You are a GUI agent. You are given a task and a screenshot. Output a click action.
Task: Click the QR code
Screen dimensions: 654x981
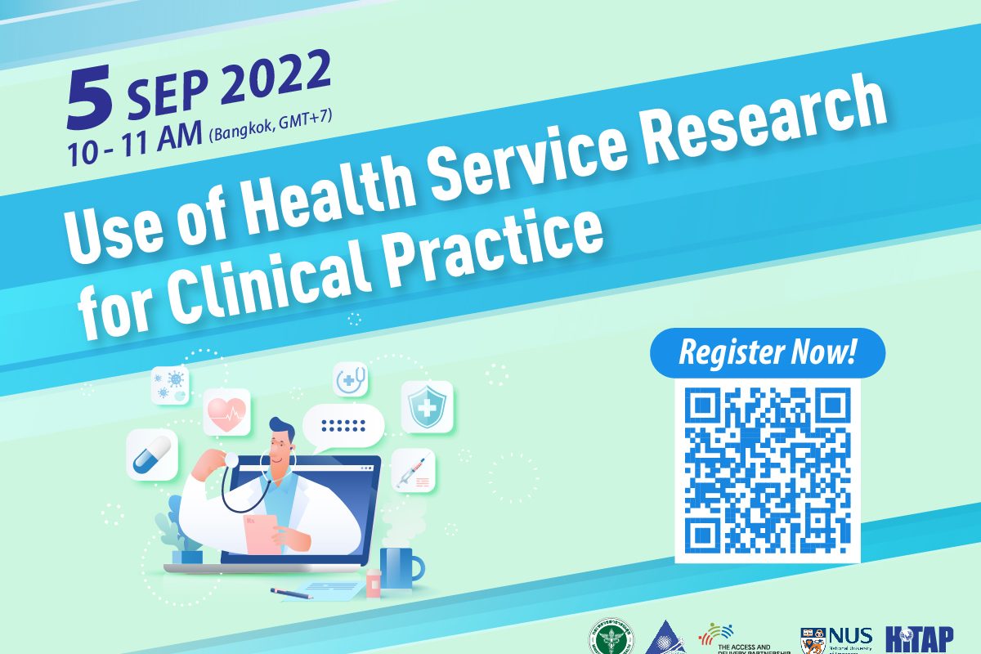[x=768, y=472]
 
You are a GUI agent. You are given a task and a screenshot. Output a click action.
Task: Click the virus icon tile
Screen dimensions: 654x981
[x=170, y=383]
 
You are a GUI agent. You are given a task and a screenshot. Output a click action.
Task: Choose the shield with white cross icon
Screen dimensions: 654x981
[x=427, y=406]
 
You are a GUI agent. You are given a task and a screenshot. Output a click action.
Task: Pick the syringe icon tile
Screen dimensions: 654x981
[x=413, y=472]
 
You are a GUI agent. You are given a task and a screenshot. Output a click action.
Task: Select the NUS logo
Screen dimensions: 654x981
[x=836, y=639]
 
